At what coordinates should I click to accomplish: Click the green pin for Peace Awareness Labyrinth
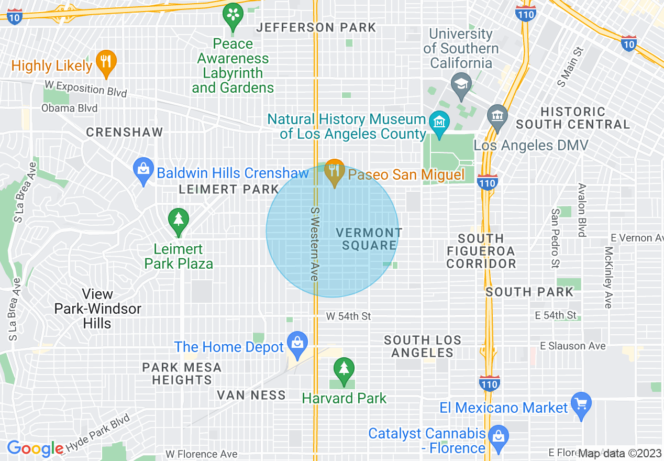point(233,16)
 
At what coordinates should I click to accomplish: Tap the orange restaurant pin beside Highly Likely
point(106,62)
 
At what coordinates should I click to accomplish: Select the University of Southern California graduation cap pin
point(461,84)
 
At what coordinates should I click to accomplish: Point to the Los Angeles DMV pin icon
point(495,116)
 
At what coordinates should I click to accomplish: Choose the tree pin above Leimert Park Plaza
point(179,219)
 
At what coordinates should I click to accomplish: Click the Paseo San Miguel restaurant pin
point(334,171)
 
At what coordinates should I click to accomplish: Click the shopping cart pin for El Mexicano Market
point(581,404)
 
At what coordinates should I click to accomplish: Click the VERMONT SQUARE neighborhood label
point(369,239)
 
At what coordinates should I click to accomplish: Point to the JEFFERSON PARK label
point(316,27)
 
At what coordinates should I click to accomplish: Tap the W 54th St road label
point(348,316)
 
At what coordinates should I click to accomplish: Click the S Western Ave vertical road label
point(315,244)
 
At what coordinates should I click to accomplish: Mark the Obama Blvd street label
point(70,108)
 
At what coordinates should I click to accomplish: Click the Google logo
point(35,448)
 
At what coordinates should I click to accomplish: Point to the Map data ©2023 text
point(619,453)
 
